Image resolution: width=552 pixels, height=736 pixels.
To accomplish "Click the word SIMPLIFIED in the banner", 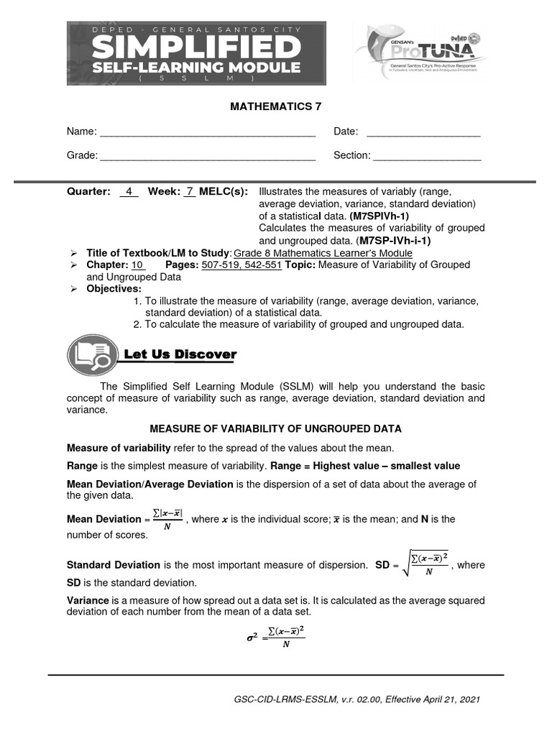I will pos(196,49).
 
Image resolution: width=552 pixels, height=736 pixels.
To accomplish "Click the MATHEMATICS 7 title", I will pos(275,106).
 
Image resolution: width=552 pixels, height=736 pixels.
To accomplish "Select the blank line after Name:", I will pos(207,133).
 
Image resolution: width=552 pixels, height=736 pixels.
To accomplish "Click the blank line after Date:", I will pos(423,133).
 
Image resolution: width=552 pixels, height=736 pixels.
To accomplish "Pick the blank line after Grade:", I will pos(207,156).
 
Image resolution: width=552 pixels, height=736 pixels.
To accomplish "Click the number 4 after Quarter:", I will pos(129,192).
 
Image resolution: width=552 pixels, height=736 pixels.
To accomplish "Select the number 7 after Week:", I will pos(189,192).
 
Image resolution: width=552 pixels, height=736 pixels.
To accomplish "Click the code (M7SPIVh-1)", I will pos(379,216).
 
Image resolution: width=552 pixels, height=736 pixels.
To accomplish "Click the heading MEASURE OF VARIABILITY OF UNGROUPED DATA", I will pos(275,428).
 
